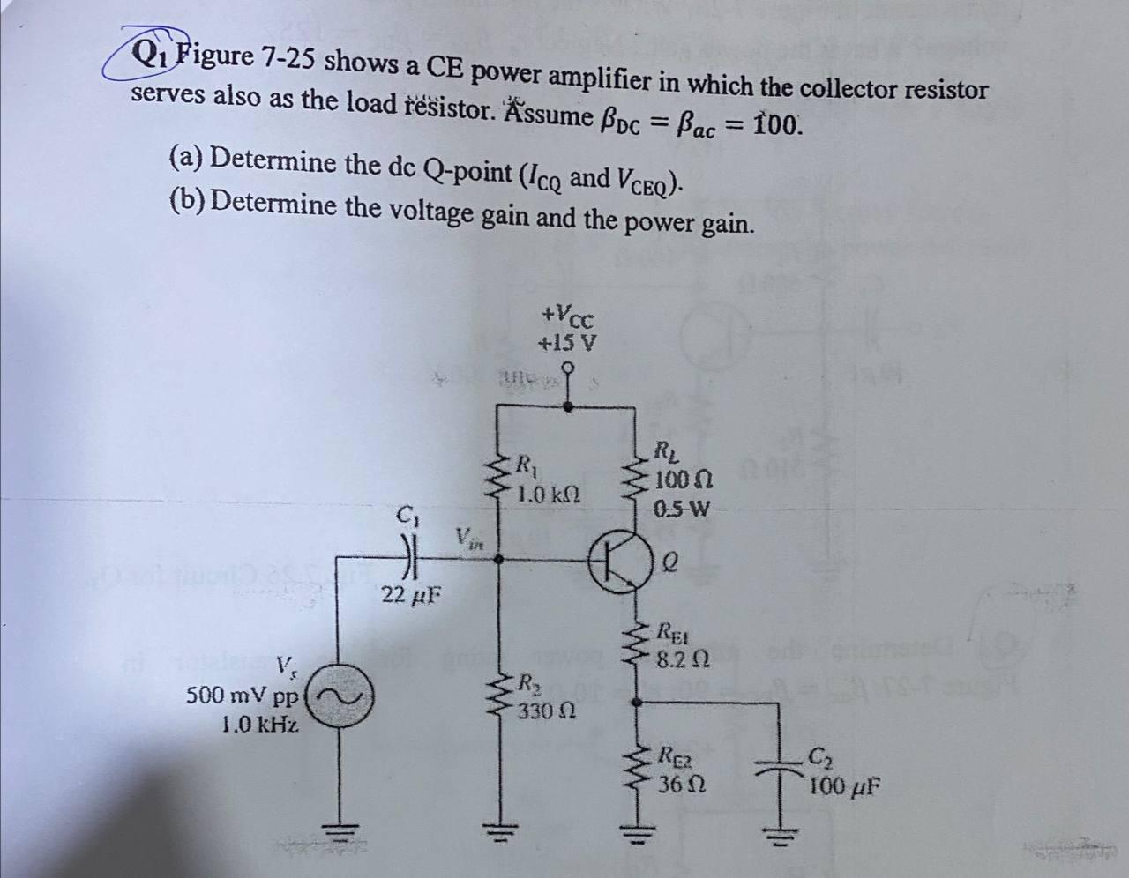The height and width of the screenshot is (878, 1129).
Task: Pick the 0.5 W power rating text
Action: click(x=682, y=509)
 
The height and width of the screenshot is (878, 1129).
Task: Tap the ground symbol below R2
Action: click(x=496, y=833)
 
